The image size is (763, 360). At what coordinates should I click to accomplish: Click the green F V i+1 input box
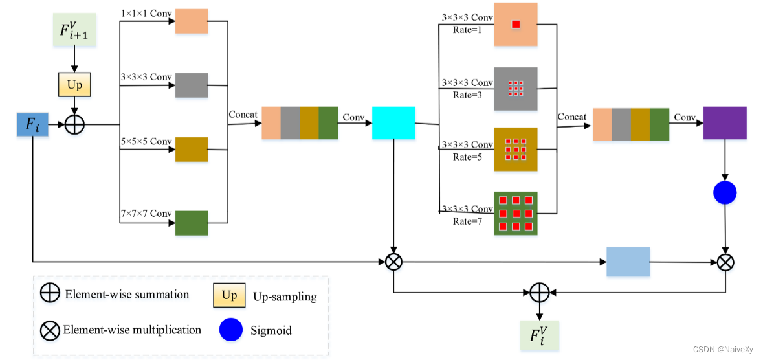click(x=74, y=30)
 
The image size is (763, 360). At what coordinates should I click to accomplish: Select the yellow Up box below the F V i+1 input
click(x=74, y=85)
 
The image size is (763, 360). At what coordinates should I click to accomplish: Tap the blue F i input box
click(x=32, y=124)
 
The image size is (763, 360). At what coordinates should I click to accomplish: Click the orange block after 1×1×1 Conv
click(x=191, y=21)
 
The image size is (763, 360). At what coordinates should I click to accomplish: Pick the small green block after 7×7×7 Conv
click(x=191, y=223)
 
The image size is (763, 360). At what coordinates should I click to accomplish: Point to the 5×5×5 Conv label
click(x=146, y=142)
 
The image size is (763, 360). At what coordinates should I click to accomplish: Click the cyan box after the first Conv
click(x=393, y=123)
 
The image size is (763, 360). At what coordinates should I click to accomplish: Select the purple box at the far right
click(x=725, y=122)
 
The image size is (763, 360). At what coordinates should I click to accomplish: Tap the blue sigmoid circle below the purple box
click(x=725, y=192)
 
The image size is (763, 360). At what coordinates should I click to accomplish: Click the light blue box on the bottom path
click(x=627, y=262)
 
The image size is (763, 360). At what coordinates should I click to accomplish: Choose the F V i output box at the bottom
click(x=539, y=335)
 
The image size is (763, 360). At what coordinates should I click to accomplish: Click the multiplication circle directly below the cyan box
click(x=393, y=262)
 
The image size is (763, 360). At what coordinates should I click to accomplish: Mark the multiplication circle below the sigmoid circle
click(x=725, y=262)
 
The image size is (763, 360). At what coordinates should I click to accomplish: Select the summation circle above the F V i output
click(x=539, y=292)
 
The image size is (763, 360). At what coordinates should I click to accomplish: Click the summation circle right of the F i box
click(x=75, y=124)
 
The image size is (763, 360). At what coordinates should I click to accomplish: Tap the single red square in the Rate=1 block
click(x=516, y=25)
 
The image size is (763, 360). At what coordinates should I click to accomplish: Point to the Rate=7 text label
click(x=467, y=221)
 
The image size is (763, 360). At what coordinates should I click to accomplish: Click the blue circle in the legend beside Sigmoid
click(x=230, y=330)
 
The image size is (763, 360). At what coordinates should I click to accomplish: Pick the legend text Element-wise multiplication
click(x=132, y=330)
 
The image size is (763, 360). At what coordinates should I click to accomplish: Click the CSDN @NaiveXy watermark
click(x=722, y=349)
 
